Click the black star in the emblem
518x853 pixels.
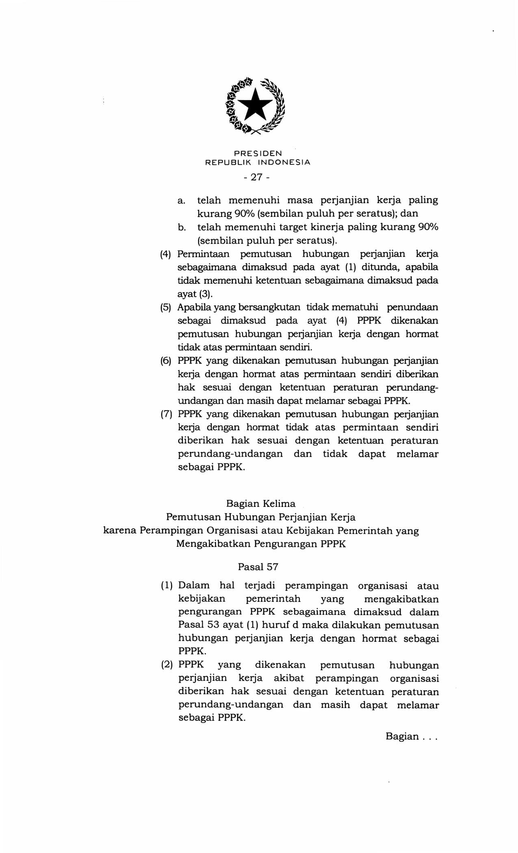click(x=256, y=104)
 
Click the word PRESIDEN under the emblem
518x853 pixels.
click(x=258, y=154)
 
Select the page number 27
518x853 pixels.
click(x=257, y=177)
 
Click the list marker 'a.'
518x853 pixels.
click(x=182, y=201)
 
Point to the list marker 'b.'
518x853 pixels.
click(x=182, y=227)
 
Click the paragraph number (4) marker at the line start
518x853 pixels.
click(x=165, y=255)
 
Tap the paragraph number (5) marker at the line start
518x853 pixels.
click(x=165, y=307)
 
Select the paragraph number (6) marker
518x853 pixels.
click(x=165, y=361)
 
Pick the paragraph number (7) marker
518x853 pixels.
click(x=165, y=414)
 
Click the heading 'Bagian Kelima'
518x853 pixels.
click(x=261, y=504)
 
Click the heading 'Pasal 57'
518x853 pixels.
click(x=258, y=567)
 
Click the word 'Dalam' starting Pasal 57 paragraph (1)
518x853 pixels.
click(x=194, y=586)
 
